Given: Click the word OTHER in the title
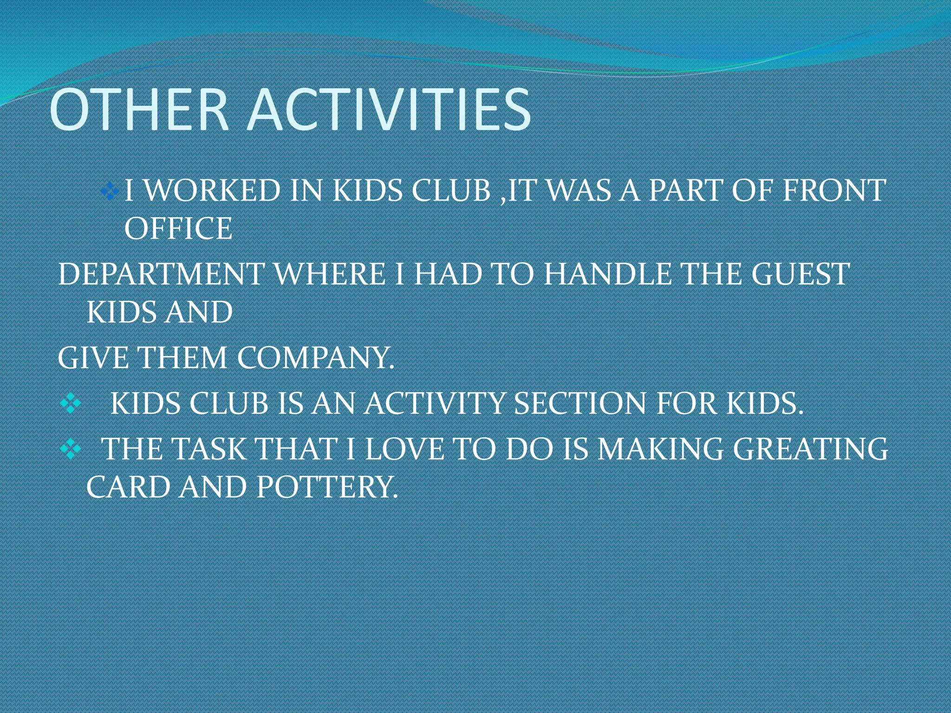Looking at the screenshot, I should point(139,110).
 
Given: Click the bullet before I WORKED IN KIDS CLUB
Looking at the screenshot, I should point(110,191).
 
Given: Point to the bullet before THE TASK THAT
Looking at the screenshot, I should point(71,449).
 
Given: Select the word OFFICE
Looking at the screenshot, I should point(178,229).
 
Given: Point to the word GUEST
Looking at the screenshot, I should point(801,274).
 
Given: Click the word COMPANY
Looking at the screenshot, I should point(315,358).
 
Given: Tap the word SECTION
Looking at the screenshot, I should point(580,403).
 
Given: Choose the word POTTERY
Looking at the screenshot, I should point(327,487).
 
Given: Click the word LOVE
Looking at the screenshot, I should point(404,449).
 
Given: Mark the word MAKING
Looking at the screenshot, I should point(660,449).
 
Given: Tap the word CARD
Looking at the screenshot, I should point(128,487).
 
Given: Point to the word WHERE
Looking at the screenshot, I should point(330,274).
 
